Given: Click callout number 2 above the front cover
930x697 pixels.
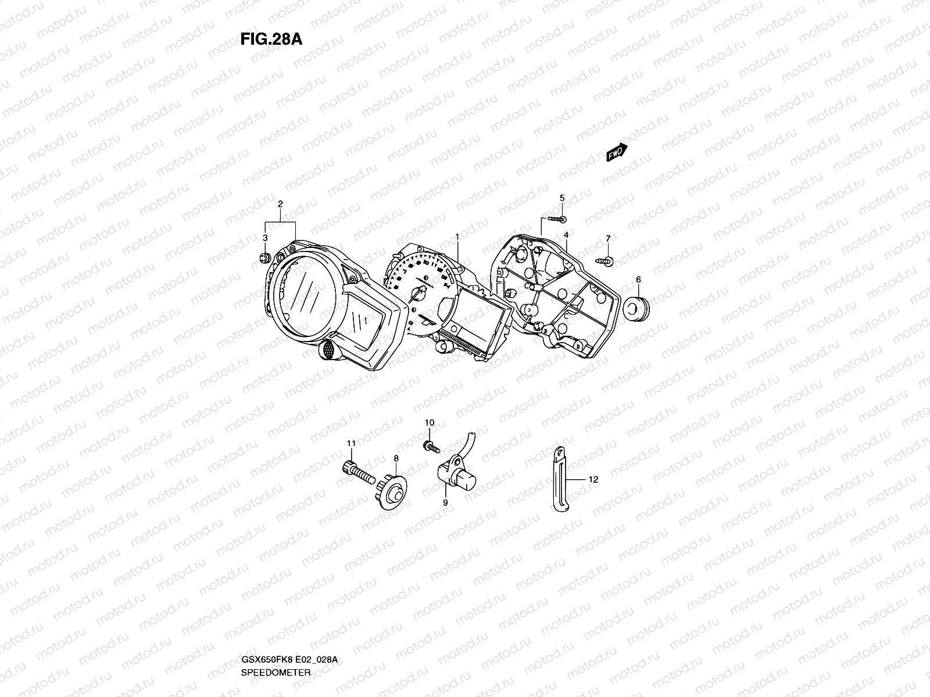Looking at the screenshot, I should (280, 204).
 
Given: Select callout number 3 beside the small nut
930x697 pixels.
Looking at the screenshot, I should (265, 238).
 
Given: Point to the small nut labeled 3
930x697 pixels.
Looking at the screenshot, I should (265, 257).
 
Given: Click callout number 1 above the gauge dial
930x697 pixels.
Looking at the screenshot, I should (457, 236).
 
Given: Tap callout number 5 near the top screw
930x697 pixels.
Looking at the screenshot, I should (562, 198).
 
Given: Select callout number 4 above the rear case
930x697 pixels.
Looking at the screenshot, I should (566, 235).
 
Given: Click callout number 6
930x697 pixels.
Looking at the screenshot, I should (638, 279).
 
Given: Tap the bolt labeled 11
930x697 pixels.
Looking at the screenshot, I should (355, 468).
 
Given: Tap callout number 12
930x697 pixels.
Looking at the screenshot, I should (593, 480).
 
